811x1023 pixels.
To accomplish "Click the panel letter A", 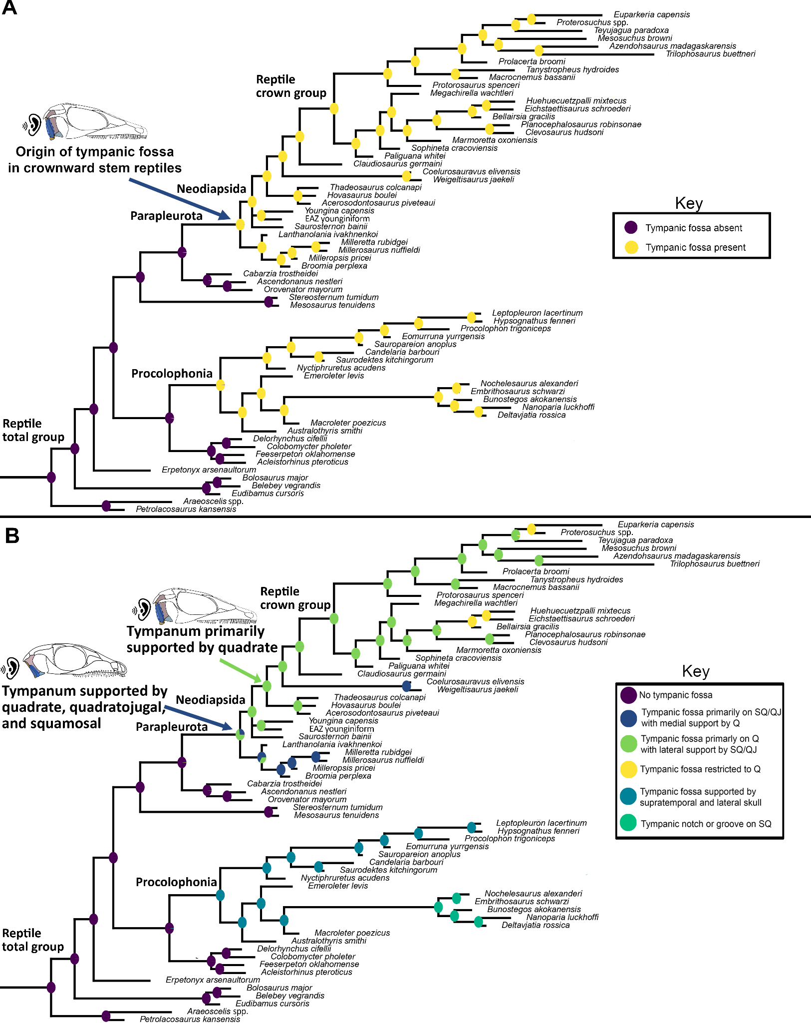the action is pyautogui.click(x=9, y=8).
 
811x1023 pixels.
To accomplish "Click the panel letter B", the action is pyautogui.click(x=12, y=536).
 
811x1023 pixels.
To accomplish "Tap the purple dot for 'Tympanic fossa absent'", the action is pyautogui.click(x=631, y=228).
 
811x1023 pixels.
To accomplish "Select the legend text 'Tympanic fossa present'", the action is pyautogui.click(x=695, y=247).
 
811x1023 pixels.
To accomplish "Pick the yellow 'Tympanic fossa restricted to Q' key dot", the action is pyautogui.click(x=629, y=769).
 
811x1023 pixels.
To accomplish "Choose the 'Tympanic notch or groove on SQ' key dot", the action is pyautogui.click(x=628, y=824).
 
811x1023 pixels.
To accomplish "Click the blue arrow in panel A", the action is pyautogui.click(x=180, y=199).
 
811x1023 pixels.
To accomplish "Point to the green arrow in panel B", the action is pyautogui.click(x=241, y=671).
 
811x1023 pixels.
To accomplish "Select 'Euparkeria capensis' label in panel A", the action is pyautogui.click(x=652, y=14).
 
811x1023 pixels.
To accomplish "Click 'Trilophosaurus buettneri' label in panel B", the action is pyautogui.click(x=715, y=564).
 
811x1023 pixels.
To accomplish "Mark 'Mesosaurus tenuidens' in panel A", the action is pyautogui.click(x=332, y=305).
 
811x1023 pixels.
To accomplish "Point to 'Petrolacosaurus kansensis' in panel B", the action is pyautogui.click(x=190, y=1019).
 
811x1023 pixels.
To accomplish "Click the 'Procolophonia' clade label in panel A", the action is pyautogui.click(x=172, y=374).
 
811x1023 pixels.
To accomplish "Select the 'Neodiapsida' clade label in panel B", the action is pyautogui.click(x=211, y=700).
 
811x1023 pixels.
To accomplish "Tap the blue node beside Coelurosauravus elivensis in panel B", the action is pyautogui.click(x=407, y=686).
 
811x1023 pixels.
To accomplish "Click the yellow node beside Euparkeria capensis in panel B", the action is pyautogui.click(x=532, y=529).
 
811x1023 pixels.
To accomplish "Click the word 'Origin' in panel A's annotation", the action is pyautogui.click(x=35, y=152).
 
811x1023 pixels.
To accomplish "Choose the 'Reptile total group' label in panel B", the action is pyautogui.click(x=33, y=940).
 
